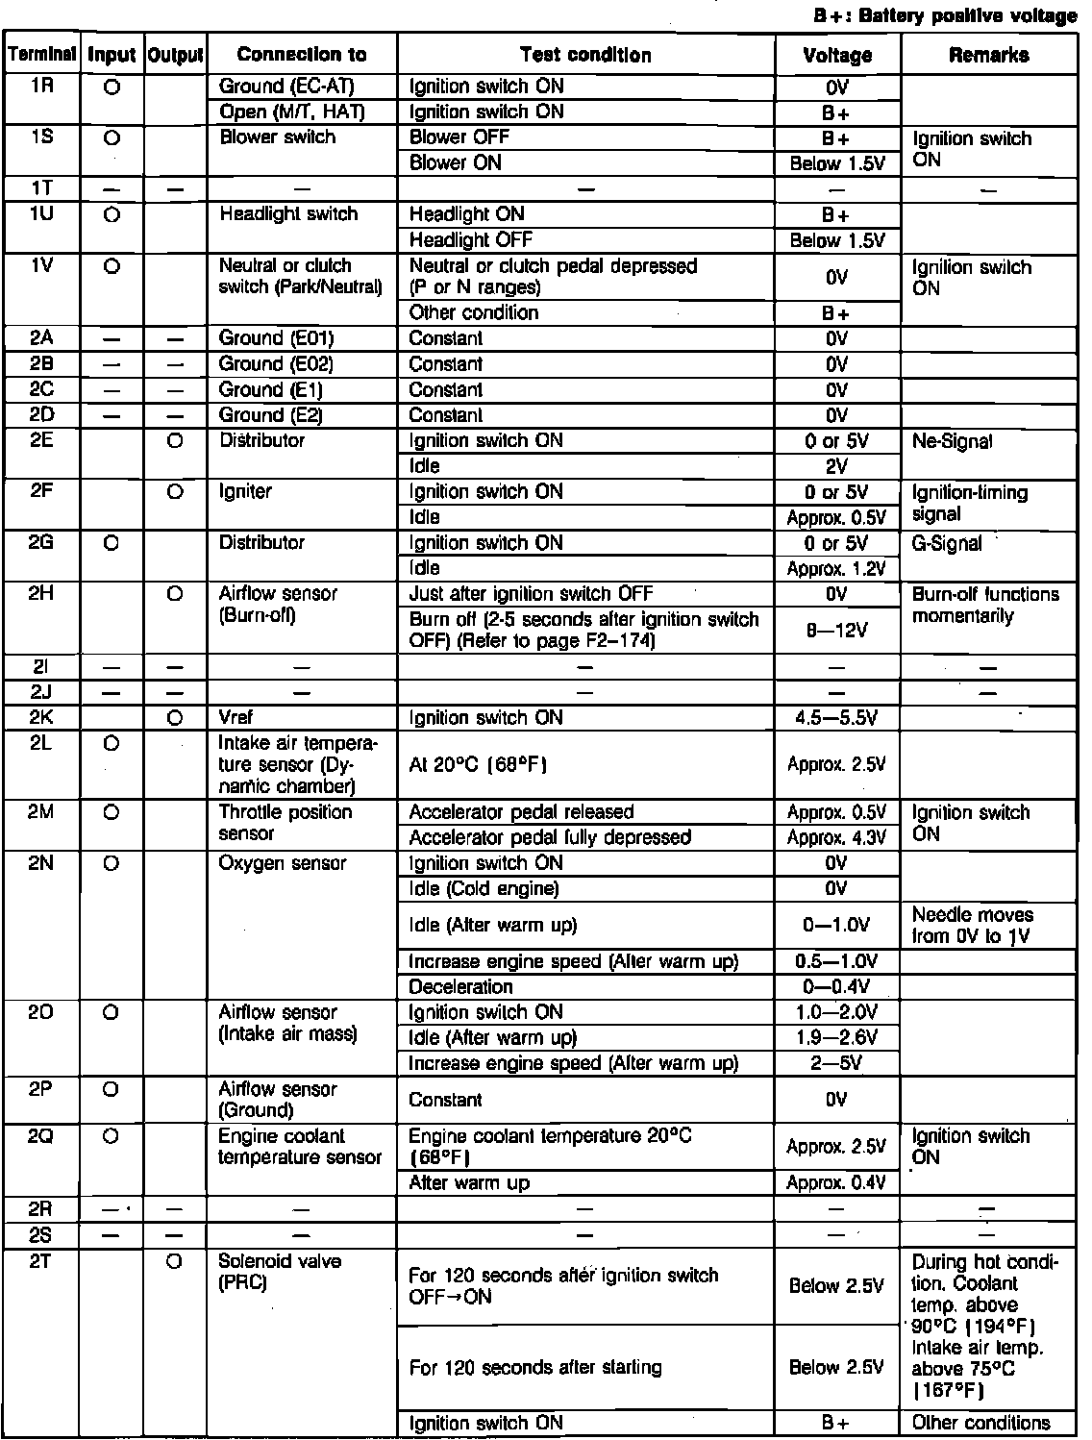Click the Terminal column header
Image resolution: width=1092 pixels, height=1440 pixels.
pyautogui.click(x=42, y=55)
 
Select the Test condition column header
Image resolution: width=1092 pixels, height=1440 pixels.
pyautogui.click(x=585, y=55)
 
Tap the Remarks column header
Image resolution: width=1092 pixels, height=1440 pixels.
pyautogui.click(x=988, y=55)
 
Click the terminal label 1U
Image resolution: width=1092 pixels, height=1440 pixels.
pyautogui.click(x=42, y=213)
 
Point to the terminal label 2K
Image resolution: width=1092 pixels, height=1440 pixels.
pyautogui.click(x=42, y=717)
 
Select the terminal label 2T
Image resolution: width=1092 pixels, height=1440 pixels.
pyautogui.click(x=42, y=1261)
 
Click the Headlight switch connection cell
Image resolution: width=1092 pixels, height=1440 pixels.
pyautogui.click(x=288, y=214)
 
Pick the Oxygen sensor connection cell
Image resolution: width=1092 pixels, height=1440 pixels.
pyautogui.click(x=283, y=863)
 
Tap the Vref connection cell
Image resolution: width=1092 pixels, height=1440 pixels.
pyautogui.click(x=236, y=717)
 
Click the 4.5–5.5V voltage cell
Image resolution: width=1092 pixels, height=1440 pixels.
pyautogui.click(x=836, y=718)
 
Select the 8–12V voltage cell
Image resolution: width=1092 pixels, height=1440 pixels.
pyautogui.click(x=836, y=630)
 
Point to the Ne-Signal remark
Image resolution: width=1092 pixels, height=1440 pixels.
pyautogui.click(x=953, y=441)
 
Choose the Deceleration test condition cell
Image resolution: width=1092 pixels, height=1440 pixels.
pyautogui.click(x=461, y=987)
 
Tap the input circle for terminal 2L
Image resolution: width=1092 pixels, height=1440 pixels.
pyautogui.click(x=111, y=743)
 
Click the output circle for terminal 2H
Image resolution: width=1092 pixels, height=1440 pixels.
pyautogui.click(x=175, y=594)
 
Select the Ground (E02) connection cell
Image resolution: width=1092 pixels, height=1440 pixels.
pyautogui.click(x=277, y=364)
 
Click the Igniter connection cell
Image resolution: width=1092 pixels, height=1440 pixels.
pyautogui.click(x=246, y=492)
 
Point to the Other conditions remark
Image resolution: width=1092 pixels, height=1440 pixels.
pyautogui.click(x=981, y=1423)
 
